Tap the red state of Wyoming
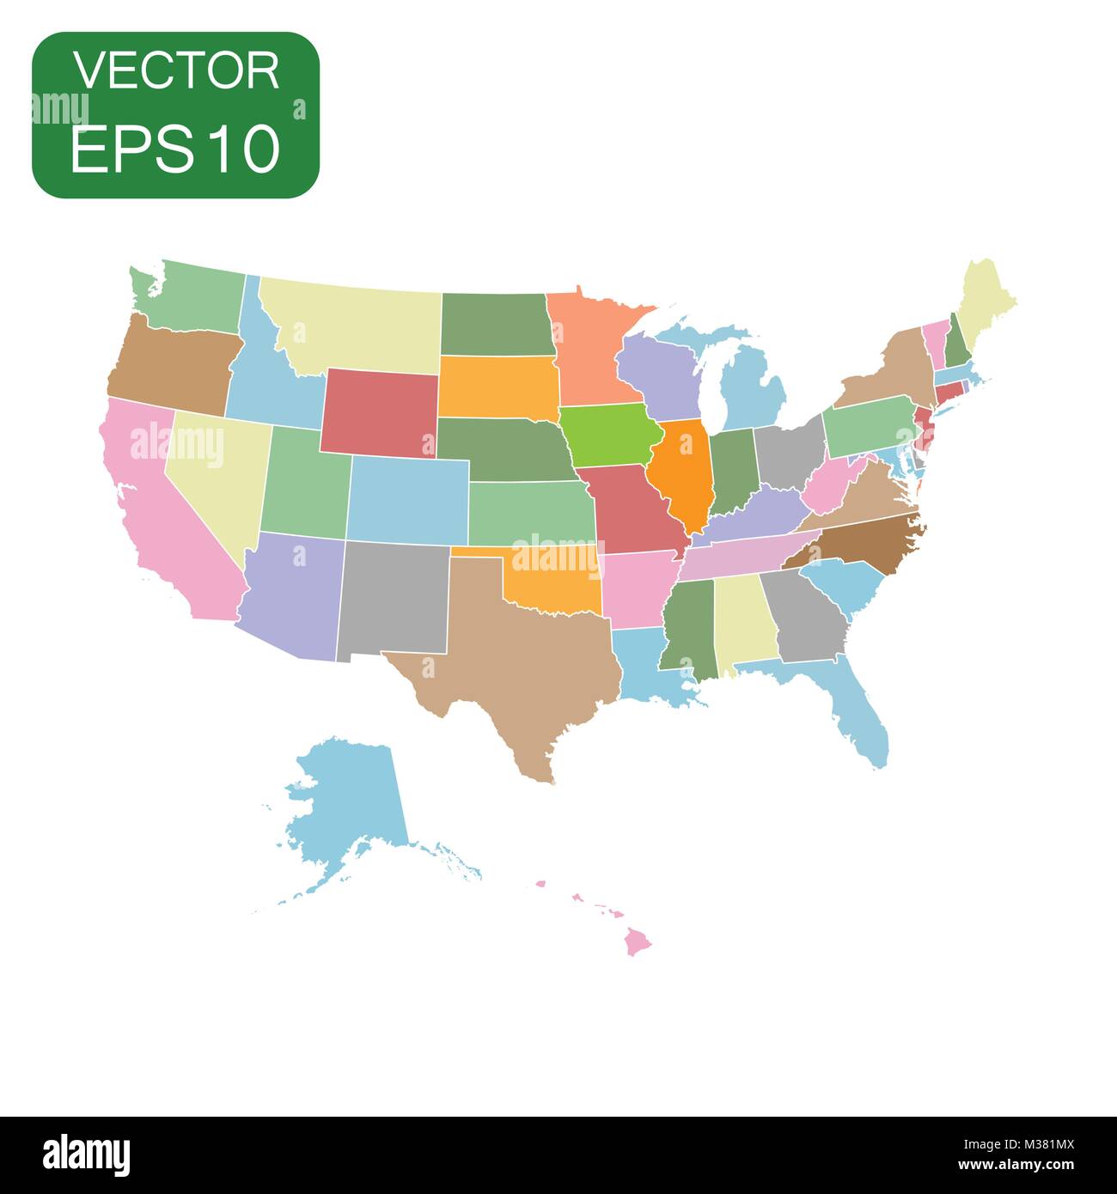[x=378, y=411]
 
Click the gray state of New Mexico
[x=393, y=596]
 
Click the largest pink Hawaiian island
[x=638, y=942]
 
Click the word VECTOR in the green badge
[x=176, y=71]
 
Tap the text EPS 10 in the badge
[x=176, y=147]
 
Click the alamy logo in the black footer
[x=86, y=1153]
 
